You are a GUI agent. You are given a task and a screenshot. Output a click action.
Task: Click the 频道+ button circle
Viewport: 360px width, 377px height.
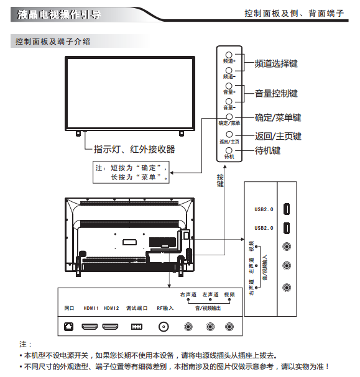click(229, 55)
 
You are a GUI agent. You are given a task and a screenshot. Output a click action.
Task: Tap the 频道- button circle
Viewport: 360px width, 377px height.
click(229, 70)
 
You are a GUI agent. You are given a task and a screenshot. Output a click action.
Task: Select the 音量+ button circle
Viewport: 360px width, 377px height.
click(229, 86)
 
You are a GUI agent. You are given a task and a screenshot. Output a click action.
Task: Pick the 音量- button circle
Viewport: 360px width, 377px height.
click(229, 101)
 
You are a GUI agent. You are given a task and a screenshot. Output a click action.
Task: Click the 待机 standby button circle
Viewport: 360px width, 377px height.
click(229, 150)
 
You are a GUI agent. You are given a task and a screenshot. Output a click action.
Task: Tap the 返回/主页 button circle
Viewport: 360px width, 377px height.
click(229, 134)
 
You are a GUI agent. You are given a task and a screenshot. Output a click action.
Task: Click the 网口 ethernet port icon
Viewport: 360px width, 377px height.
click(68, 327)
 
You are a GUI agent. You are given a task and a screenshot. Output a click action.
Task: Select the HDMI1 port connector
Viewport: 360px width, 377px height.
click(90, 327)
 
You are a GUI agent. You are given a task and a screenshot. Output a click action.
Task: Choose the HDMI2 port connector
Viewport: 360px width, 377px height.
click(110, 327)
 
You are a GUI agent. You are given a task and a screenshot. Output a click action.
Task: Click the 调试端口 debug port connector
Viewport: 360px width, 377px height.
click(136, 327)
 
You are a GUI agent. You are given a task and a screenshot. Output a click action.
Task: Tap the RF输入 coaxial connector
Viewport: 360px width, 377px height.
click(164, 327)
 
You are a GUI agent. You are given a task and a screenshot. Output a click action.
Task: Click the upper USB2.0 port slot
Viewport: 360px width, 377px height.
click(287, 209)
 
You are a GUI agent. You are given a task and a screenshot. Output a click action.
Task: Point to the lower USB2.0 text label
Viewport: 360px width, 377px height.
click(264, 228)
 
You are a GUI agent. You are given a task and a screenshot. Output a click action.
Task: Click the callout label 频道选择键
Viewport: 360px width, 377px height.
click(276, 64)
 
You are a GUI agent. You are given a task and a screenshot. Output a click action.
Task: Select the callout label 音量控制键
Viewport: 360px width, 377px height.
click(276, 94)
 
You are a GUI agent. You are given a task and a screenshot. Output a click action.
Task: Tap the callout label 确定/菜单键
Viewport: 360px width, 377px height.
click(278, 118)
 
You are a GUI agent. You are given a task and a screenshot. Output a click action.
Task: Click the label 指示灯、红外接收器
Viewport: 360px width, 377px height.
click(134, 149)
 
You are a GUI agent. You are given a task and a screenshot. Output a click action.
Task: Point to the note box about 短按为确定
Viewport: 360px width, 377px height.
click(131, 173)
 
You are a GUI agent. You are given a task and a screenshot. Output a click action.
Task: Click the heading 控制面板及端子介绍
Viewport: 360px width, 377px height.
click(53, 42)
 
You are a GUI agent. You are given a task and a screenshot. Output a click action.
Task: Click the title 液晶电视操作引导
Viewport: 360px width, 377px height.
click(58, 14)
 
